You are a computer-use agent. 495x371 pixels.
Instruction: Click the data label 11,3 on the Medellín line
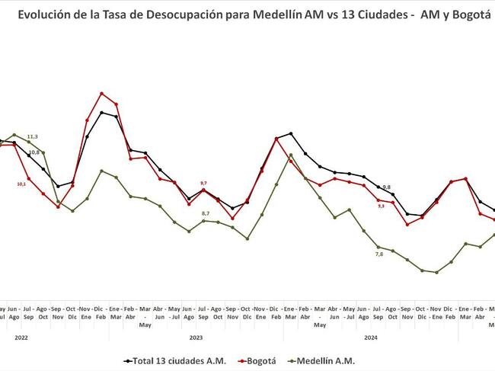[33, 136]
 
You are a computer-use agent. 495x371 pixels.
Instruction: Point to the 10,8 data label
[34, 152]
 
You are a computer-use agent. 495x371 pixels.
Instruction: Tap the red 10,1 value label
[21, 184]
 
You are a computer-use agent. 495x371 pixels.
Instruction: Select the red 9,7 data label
[203, 184]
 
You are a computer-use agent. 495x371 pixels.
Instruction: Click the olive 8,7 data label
[206, 213]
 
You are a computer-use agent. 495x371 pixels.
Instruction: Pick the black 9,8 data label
[386, 187]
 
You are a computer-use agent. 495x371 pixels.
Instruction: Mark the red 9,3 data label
[381, 206]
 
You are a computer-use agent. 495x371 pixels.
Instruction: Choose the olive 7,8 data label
[379, 254]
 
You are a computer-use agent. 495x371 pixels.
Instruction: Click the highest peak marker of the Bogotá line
[101, 94]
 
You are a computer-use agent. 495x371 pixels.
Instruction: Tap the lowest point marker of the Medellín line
[436, 272]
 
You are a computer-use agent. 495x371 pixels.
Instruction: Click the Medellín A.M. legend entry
[324, 360]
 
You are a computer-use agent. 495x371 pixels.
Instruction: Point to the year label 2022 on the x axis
[21, 336]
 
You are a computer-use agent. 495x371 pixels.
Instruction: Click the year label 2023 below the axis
[196, 336]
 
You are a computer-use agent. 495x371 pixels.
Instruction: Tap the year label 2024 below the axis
[371, 336]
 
